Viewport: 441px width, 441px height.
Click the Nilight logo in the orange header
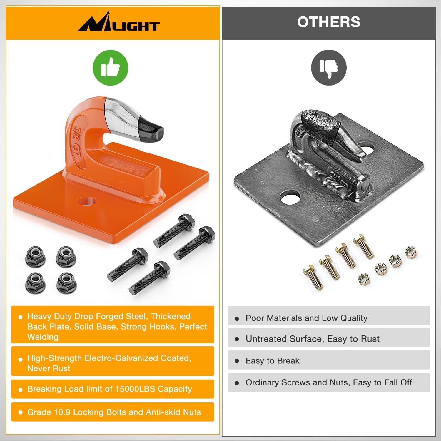coord(118,24)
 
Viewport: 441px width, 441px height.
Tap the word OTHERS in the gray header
coord(329,22)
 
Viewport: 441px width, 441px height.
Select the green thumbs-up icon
coord(111,68)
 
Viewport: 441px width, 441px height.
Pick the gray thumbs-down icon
coord(329,68)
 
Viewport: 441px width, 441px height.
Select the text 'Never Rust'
coord(49,368)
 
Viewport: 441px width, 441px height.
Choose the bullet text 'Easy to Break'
coord(273,361)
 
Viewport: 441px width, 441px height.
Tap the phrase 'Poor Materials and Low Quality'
coord(307,318)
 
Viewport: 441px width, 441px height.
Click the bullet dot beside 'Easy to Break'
coord(237,361)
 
